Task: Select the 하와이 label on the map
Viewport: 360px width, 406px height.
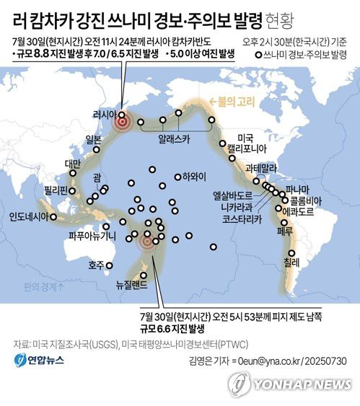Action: [193, 176]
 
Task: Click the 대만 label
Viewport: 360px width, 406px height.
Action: [72, 164]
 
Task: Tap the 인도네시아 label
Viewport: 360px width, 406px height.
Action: [30, 216]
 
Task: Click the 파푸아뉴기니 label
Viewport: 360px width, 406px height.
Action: [92, 235]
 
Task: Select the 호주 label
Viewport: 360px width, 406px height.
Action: [95, 265]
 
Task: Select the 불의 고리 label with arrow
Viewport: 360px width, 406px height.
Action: [224, 101]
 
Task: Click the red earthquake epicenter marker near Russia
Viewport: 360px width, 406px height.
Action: [123, 123]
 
